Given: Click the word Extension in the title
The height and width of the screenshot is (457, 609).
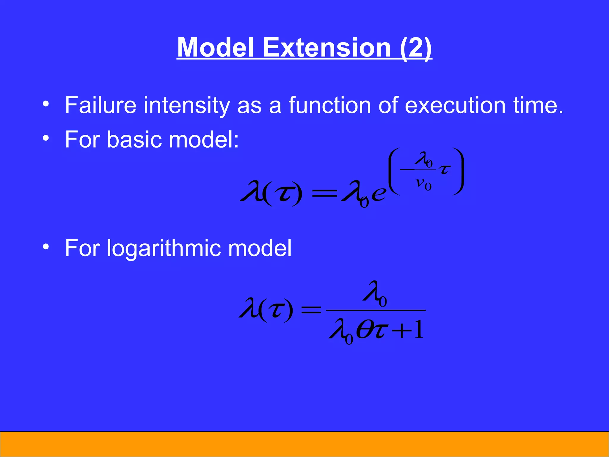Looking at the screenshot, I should (327, 48).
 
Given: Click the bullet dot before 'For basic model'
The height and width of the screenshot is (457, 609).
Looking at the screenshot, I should (45, 138).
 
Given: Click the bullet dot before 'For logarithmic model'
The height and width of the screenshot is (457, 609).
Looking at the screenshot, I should (45, 247).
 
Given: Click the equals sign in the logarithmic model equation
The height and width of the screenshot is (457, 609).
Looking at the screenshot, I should (311, 310).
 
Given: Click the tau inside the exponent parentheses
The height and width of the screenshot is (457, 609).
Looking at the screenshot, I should (444, 170).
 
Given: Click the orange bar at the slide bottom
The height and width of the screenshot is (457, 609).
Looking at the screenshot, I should (304, 444).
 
